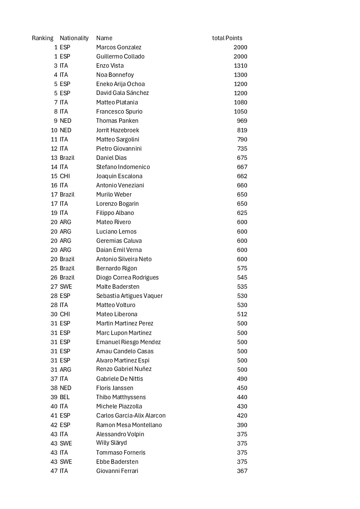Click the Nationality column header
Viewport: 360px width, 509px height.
coord(74,38)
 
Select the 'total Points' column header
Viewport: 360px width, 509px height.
coord(227,38)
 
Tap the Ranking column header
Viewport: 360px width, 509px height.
coord(43,38)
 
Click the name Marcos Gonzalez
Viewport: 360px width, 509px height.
coord(118,47)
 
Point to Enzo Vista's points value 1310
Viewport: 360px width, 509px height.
coord(240,66)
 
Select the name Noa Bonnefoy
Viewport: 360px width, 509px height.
coord(115,75)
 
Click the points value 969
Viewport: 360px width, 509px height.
coord(242,121)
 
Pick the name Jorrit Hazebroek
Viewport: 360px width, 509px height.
coord(117,130)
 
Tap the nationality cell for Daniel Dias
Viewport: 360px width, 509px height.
coord(67,158)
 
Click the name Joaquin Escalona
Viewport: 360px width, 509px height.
coord(119,176)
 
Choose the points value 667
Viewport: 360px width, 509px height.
coord(242,167)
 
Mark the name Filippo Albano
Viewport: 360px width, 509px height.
coord(115,213)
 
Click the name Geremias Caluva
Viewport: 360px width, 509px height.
coord(119,241)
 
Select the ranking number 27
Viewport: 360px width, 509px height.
coord(54,287)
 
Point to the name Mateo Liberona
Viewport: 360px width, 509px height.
coord(117,314)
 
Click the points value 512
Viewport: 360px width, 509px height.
coord(242,314)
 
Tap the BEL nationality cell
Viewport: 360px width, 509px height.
coord(65,397)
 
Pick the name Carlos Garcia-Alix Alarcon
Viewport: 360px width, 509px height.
coord(131,415)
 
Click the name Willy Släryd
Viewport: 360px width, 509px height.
coord(111,443)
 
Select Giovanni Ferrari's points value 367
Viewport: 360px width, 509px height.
coord(242,471)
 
